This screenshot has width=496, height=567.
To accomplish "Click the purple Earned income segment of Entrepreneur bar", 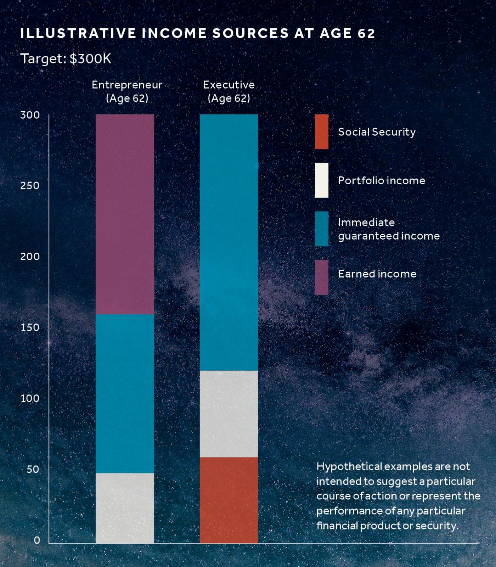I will (x=125, y=214).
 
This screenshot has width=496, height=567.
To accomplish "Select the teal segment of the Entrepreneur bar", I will (x=125, y=393).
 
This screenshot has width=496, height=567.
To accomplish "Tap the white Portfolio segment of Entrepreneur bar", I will (x=125, y=508).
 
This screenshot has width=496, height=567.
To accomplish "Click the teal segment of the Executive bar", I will (x=229, y=242).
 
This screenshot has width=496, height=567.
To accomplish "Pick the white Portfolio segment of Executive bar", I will (x=229, y=414).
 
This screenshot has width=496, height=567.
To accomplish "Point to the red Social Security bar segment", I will (x=229, y=500).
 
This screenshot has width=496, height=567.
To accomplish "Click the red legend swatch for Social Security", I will (x=321, y=131).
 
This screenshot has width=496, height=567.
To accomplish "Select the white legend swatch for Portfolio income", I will (x=321, y=180).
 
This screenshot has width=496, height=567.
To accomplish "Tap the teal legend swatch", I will (x=321, y=229).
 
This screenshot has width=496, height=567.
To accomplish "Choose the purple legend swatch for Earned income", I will (x=321, y=277).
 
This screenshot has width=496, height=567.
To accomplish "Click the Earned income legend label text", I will (x=377, y=274).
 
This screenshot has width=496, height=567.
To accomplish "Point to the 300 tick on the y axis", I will (x=30, y=115).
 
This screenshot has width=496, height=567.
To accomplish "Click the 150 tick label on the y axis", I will (x=30, y=327).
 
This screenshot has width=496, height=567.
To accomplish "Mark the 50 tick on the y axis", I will (x=33, y=469).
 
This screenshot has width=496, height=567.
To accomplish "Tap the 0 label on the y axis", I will (x=37, y=540).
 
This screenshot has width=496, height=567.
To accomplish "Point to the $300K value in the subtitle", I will (x=90, y=59).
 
